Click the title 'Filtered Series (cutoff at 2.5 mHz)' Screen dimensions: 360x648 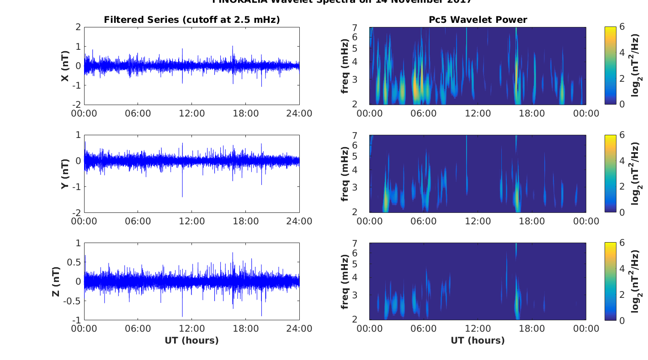click(x=191, y=20)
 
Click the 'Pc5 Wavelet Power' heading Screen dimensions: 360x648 click(x=478, y=20)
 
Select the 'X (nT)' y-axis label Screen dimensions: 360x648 click(x=66, y=66)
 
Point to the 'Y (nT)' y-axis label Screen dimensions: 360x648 click(x=66, y=174)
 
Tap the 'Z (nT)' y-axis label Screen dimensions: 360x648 click(x=55, y=281)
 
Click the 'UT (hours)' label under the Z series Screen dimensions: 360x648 click(x=191, y=340)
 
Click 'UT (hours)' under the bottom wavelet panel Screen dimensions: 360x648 click(x=478, y=340)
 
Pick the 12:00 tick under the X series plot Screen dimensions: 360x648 click(x=192, y=113)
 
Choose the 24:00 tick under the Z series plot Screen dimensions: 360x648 click(x=299, y=329)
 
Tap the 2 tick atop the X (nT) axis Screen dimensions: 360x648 click(x=79, y=27)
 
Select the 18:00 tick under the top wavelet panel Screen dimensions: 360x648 click(x=532, y=113)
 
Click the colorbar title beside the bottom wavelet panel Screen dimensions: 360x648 click(x=636, y=281)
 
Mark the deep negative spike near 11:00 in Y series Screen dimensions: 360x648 click(x=182, y=196)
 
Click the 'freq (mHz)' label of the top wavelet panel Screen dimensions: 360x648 click(x=345, y=66)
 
